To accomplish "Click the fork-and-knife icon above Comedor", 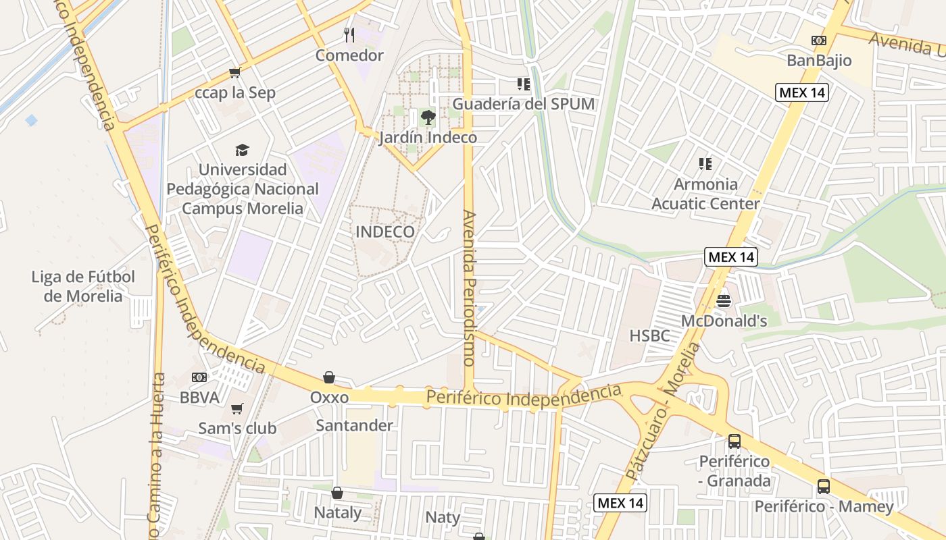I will click(349, 34).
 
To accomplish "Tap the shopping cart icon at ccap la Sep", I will click(234, 72).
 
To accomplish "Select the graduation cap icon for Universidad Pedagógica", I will click(242, 150).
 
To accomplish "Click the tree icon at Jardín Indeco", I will click(428, 117).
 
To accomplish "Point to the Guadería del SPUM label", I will click(523, 104).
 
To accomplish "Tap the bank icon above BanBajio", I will click(819, 40).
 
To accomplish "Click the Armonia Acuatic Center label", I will click(705, 194).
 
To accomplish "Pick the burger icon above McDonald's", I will click(724, 300).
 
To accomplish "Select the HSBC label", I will click(649, 335).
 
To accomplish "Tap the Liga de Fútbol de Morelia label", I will click(83, 286).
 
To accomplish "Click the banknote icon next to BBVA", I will click(199, 377).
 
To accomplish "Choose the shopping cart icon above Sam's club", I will click(236, 408).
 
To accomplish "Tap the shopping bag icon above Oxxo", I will click(329, 377).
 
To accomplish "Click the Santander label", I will click(354, 425).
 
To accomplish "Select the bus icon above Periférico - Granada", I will click(735, 442).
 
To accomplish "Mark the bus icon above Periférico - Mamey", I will click(824, 487).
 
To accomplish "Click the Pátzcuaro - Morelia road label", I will click(662, 412).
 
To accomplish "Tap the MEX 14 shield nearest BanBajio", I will click(801, 92).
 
